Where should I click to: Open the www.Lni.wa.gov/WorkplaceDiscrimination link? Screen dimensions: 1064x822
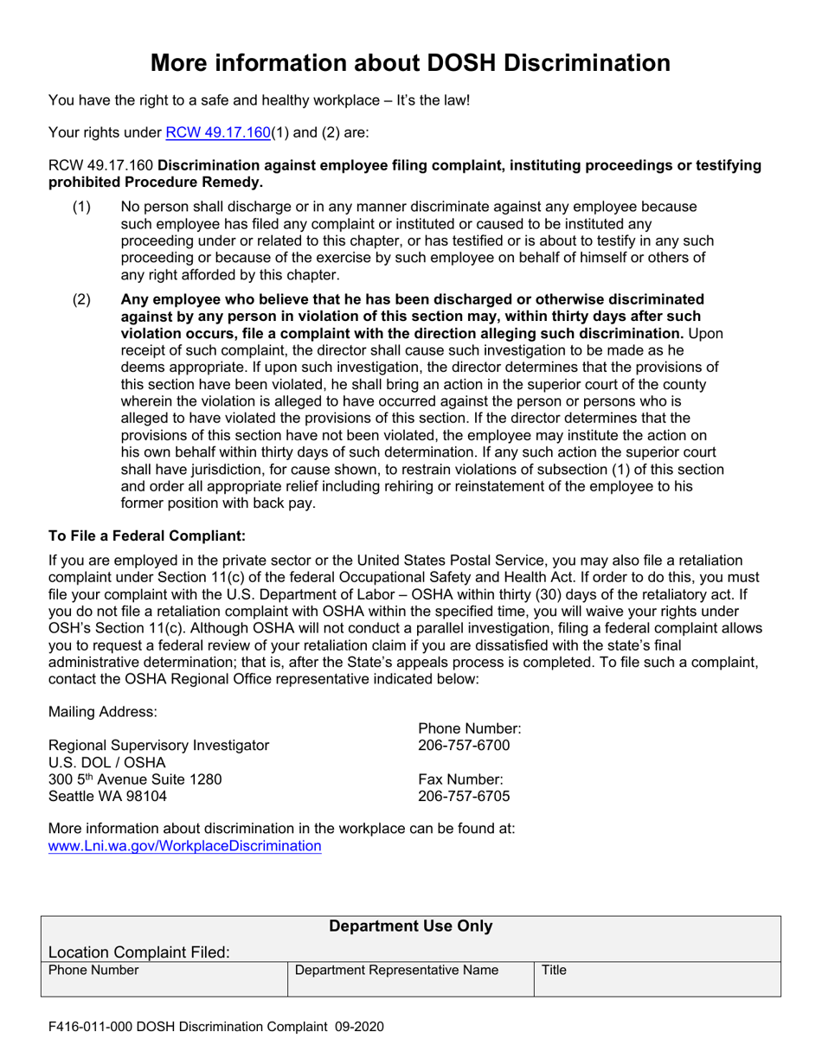[x=185, y=846]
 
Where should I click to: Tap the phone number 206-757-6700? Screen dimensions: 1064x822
[x=464, y=746]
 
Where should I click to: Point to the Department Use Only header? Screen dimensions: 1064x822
[x=411, y=927]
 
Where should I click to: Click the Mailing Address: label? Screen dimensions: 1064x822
[x=103, y=712]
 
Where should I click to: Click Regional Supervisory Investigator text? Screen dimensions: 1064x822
[x=158, y=746]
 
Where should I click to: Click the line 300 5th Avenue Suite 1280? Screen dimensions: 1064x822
[x=135, y=779]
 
